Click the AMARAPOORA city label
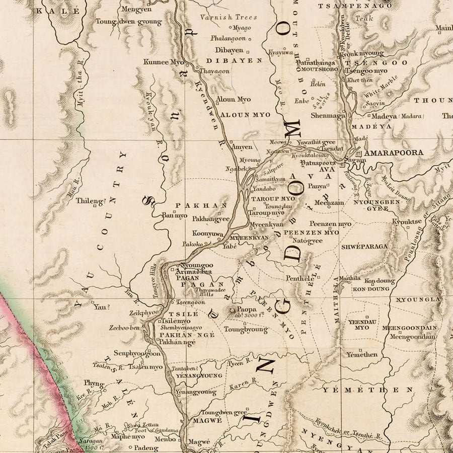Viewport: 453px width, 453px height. pyautogui.click(x=394, y=152)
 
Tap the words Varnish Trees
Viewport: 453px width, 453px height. pyautogui.click(x=229, y=17)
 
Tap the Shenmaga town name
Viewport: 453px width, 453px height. pyautogui.click(x=328, y=115)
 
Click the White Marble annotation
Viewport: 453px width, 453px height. pyautogui.click(x=381, y=87)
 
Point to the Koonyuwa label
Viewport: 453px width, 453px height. pyautogui.click(x=207, y=234)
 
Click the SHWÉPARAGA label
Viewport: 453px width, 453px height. pyautogui.click(x=364, y=246)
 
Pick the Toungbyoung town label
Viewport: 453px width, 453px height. pyautogui.click(x=246, y=330)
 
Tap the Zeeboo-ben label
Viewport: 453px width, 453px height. pyautogui.click(x=124, y=328)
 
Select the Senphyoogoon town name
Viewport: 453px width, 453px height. pyautogui.click(x=137, y=353)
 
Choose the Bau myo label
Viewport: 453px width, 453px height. pyautogui.click(x=174, y=215)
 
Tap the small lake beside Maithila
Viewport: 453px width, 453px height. pyautogui.click(x=342, y=287)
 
